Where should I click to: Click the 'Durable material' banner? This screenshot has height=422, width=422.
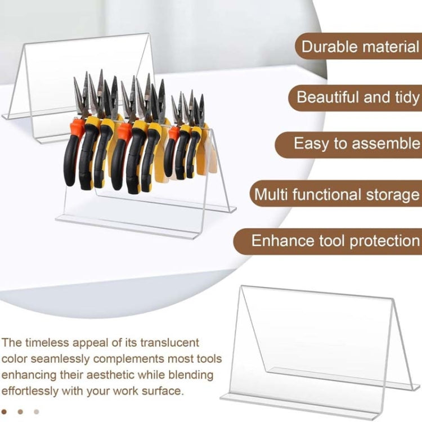point(358,46)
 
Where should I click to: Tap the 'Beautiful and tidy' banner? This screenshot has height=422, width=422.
point(355,97)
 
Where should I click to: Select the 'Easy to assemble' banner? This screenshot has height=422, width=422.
point(348,144)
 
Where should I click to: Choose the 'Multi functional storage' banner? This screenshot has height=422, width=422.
point(336,194)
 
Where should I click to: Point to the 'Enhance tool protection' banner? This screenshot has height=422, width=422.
point(327,241)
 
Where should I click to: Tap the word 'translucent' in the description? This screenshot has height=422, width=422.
point(169,343)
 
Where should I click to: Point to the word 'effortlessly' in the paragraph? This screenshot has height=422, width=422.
point(30,391)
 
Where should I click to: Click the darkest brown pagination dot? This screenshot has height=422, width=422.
point(4,412)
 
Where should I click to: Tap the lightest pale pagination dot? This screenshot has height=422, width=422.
point(37,412)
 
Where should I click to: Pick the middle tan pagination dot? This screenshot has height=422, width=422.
point(20,412)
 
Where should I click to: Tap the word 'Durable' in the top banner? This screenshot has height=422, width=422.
point(329,46)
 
